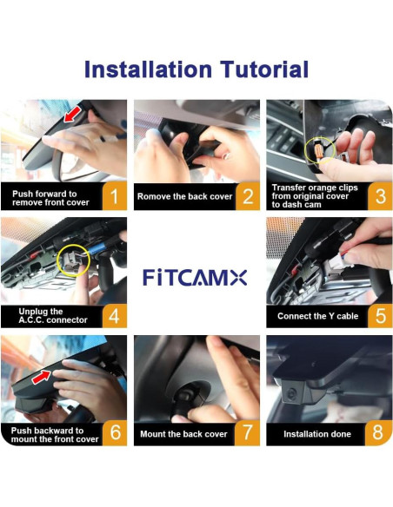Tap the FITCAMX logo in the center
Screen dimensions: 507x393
click(x=196, y=278)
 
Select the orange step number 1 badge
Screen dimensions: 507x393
click(x=113, y=197)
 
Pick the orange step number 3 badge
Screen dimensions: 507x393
click(x=379, y=197)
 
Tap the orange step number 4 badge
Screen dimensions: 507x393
click(x=113, y=315)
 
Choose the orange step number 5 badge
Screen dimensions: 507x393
click(x=379, y=315)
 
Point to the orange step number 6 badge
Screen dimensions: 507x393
click(x=113, y=433)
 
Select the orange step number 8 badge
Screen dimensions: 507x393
click(x=379, y=433)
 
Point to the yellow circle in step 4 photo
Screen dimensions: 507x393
click(x=72, y=259)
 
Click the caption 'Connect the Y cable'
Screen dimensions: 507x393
click(x=317, y=315)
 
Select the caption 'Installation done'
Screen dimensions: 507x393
click(x=316, y=433)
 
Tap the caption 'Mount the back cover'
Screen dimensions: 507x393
click(x=183, y=433)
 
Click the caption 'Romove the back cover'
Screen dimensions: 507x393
click(x=184, y=197)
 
